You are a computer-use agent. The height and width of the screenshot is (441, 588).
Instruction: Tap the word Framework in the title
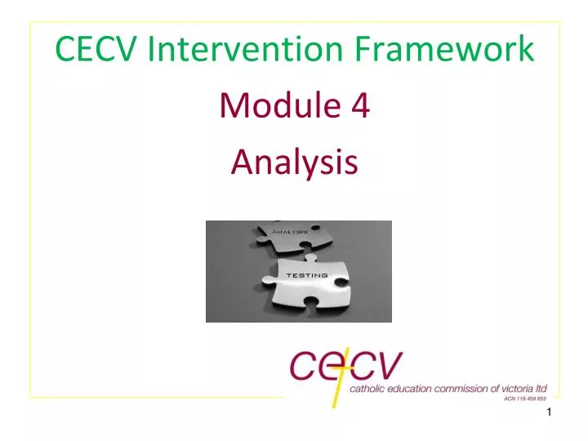coord(442,50)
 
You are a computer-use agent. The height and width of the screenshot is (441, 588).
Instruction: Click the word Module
coord(267,105)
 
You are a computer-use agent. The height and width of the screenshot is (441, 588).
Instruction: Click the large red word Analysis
coord(294,161)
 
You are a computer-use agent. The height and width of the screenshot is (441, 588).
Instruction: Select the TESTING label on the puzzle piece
coord(306,275)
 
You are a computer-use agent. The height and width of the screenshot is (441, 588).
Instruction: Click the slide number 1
coord(550,421)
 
